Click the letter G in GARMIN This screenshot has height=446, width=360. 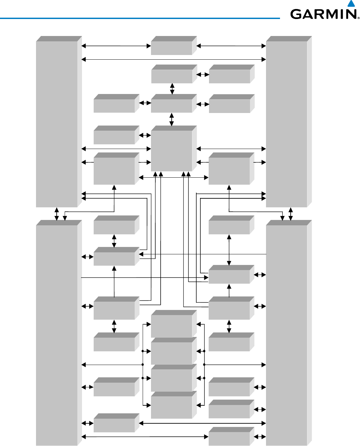(x=296, y=14)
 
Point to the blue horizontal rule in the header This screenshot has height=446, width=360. (x=140, y=18)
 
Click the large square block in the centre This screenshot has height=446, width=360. (x=172, y=151)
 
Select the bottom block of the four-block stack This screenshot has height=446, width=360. (x=172, y=407)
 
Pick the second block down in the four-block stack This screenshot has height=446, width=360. (x=172, y=353)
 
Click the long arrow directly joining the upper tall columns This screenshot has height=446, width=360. (x=174, y=59)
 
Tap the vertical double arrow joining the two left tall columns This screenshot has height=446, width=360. (x=57, y=214)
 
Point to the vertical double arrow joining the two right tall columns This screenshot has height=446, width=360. (x=291, y=214)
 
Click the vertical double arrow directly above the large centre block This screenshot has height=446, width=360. (x=172, y=119)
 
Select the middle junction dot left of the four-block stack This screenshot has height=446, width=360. (x=143, y=365)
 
